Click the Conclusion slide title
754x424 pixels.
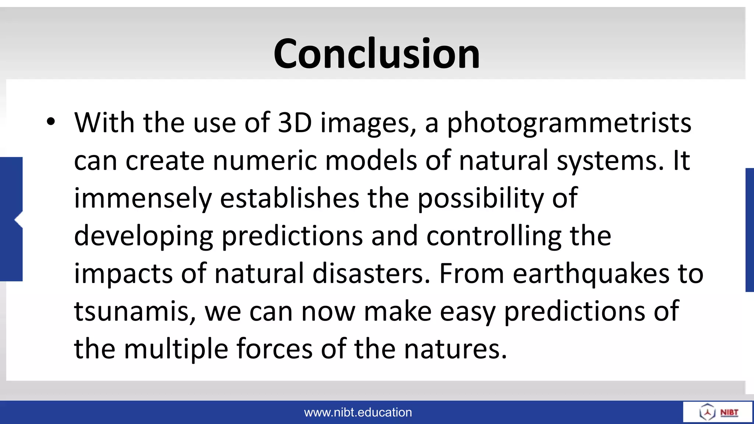(377, 54)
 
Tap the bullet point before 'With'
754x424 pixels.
(51, 121)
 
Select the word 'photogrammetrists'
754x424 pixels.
(569, 124)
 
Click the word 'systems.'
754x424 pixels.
(610, 161)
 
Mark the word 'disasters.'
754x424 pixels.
(371, 274)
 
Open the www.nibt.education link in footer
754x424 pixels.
(358, 412)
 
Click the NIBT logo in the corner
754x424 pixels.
(718, 412)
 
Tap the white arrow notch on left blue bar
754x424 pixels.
(18, 220)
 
